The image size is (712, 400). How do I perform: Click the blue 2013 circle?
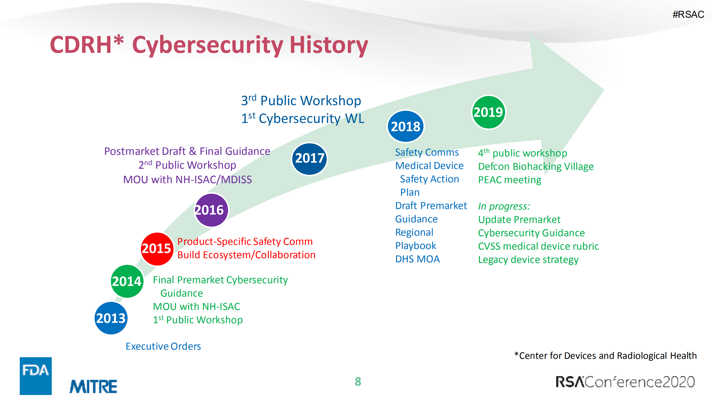click(x=111, y=318)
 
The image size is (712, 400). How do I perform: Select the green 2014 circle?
click(x=127, y=281)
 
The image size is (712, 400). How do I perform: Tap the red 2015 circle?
click(x=157, y=249)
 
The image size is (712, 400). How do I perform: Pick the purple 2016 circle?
click(x=211, y=210)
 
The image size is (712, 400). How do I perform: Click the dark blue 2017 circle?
click(x=309, y=158)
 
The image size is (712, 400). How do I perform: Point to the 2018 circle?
click(x=406, y=126)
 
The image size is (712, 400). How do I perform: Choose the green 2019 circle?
click(x=488, y=112)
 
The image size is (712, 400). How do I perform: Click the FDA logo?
click(x=36, y=376)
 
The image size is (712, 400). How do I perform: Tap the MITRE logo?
click(x=93, y=386)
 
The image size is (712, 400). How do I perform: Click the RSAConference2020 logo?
click(x=625, y=382)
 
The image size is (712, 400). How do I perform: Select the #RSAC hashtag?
click(x=688, y=14)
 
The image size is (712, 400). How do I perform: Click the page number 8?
click(x=358, y=382)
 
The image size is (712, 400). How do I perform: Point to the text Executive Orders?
click(x=163, y=346)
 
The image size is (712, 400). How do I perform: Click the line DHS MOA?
click(x=417, y=259)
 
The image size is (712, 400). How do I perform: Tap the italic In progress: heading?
click(x=504, y=206)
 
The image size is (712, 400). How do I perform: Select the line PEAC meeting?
click(x=509, y=180)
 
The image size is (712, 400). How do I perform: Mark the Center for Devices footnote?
click(x=605, y=356)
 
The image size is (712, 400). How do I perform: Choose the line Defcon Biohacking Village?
click(x=536, y=167)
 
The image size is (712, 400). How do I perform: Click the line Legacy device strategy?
click(x=528, y=260)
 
